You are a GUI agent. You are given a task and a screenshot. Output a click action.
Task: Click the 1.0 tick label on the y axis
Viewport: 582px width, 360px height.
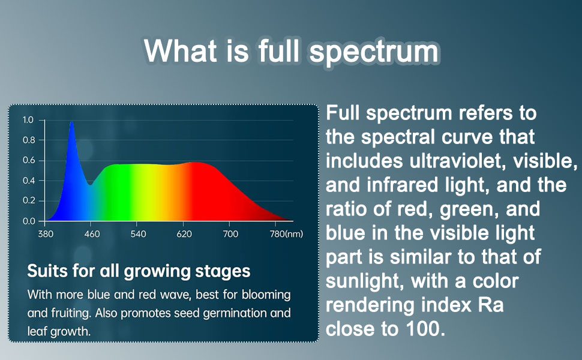[28, 120]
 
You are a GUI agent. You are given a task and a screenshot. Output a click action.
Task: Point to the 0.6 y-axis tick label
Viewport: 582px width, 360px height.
[29, 160]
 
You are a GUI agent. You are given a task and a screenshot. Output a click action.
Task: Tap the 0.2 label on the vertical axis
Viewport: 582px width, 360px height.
[29, 201]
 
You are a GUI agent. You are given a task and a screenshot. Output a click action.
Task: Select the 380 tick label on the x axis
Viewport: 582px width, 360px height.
[46, 234]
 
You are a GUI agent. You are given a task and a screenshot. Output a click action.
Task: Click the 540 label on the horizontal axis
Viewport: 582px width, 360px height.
[138, 234]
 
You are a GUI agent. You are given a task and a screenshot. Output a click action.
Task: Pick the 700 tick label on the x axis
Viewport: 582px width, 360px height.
[230, 234]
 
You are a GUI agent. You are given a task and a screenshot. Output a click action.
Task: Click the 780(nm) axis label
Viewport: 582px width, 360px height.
[286, 234]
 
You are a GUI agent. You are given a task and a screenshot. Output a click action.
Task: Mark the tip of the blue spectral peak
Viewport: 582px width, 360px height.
[71, 122]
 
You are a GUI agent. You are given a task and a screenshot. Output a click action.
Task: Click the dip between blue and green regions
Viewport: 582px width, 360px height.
[90, 184]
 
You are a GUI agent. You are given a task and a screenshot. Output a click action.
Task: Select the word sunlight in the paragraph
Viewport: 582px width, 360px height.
[366, 281]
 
